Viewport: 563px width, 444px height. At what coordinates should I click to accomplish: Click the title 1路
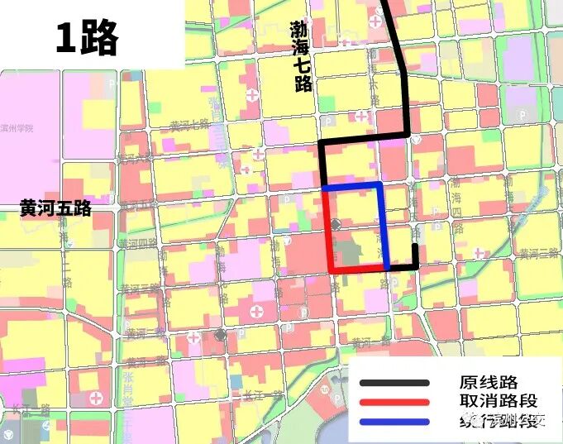[87, 37]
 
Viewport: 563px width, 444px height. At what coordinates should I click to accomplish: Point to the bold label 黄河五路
[56, 209]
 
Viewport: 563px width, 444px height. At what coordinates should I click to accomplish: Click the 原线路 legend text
[489, 383]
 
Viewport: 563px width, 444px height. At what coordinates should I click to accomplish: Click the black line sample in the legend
[394, 383]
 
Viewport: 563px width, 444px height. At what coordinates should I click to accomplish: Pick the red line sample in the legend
[394, 403]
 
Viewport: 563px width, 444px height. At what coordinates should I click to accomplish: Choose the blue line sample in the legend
[394, 423]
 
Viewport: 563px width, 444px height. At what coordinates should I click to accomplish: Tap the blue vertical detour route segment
[382, 227]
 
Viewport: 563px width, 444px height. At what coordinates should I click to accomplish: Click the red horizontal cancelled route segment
[357, 270]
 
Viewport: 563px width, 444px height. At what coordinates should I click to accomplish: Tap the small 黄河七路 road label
[188, 125]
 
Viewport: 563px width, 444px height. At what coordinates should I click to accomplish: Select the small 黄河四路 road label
[137, 244]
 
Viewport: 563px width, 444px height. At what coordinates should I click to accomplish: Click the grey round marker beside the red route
[336, 225]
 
